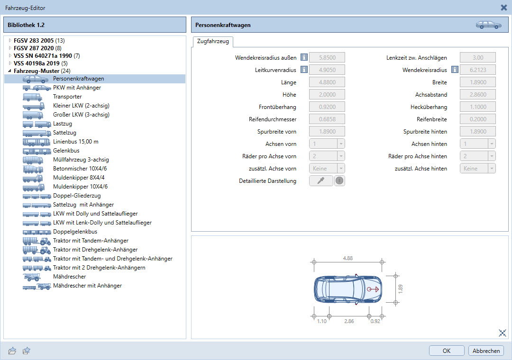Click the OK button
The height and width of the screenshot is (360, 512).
click(447, 351)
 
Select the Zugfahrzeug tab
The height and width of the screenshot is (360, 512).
click(213, 42)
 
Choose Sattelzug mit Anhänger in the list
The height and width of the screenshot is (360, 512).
click(83, 205)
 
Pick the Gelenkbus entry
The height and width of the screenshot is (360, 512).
click(66, 151)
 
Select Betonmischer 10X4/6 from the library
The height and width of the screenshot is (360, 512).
click(80, 169)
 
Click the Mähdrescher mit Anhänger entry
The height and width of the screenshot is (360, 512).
click(87, 286)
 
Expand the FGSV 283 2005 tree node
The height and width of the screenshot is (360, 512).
click(10, 40)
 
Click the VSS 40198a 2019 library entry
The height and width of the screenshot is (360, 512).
click(37, 63)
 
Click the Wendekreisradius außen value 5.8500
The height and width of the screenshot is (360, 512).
click(327, 57)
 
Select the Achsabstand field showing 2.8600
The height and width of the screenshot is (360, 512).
click(478, 94)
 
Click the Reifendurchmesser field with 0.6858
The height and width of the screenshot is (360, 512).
click(327, 119)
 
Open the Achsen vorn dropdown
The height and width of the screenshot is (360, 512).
click(327, 144)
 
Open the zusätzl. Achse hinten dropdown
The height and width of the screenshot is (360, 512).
click(478, 169)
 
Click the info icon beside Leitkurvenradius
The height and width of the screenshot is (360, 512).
click(304, 70)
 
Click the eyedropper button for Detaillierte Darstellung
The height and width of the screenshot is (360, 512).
click(321, 180)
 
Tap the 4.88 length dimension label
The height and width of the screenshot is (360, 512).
click(348, 258)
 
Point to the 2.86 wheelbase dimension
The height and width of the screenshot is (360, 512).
click(349, 321)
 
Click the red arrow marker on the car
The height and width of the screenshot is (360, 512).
click(373, 289)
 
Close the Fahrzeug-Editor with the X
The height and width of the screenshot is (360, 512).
click(504, 8)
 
